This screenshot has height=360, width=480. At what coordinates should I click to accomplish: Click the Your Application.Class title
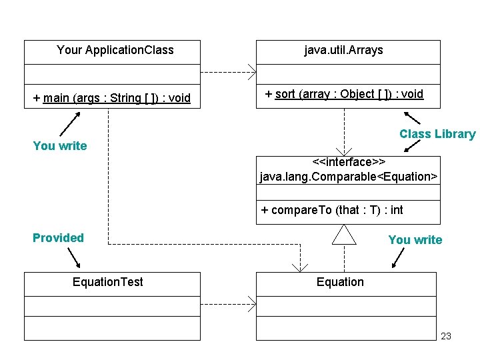click(115, 50)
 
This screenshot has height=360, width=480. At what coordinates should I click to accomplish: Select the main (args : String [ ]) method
click(112, 99)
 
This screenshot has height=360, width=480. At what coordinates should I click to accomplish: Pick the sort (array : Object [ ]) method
click(344, 94)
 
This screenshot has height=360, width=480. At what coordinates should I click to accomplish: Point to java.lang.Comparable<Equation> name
click(349, 177)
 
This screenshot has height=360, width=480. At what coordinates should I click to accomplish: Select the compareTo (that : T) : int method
click(332, 210)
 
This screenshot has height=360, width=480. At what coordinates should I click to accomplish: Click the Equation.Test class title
click(107, 282)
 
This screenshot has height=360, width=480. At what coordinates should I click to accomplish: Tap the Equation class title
click(340, 282)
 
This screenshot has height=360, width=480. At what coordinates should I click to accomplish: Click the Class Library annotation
click(437, 134)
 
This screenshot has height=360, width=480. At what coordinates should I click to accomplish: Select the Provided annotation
click(58, 238)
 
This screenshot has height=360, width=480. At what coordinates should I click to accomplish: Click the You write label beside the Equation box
click(415, 240)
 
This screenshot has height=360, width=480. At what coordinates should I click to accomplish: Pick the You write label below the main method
click(59, 146)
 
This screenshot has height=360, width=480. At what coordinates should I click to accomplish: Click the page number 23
click(446, 336)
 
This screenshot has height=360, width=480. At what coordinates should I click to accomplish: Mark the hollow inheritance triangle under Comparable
click(345, 235)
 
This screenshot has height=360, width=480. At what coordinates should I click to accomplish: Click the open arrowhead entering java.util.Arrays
click(252, 72)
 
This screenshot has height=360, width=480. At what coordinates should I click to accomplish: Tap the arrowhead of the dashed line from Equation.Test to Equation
click(252, 304)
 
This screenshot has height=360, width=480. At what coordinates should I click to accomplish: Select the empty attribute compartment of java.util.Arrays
click(348, 73)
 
